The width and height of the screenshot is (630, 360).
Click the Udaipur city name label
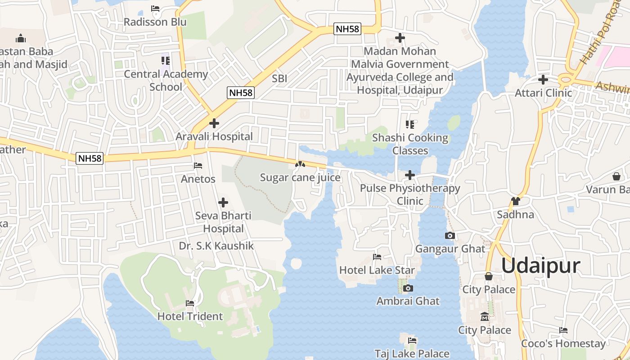point(540,265)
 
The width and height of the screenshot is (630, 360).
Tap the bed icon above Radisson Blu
point(155,9)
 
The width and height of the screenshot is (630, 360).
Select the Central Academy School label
point(166,80)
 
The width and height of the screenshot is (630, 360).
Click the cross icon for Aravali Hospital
point(214,123)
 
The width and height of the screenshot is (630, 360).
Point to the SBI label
point(279,78)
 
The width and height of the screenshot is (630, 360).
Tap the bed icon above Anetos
point(198,166)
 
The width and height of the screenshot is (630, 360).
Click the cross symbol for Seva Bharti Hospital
point(223,202)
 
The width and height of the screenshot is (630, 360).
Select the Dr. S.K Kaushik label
point(216,246)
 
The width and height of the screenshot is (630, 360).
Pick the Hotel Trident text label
point(190,316)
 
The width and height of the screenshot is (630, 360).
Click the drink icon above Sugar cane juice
point(300,165)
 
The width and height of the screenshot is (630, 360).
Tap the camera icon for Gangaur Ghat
point(450,235)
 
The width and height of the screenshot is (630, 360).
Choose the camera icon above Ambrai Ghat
point(408,288)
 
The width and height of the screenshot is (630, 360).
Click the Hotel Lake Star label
point(377,270)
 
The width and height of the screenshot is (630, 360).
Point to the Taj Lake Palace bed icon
point(412,341)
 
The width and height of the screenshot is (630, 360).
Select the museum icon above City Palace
point(485,317)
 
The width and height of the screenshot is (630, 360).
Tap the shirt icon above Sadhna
point(515,201)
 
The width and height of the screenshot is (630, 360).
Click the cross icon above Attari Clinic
point(543,80)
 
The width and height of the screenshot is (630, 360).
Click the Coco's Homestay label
point(563,343)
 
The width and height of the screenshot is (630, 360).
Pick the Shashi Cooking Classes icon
point(409,124)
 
